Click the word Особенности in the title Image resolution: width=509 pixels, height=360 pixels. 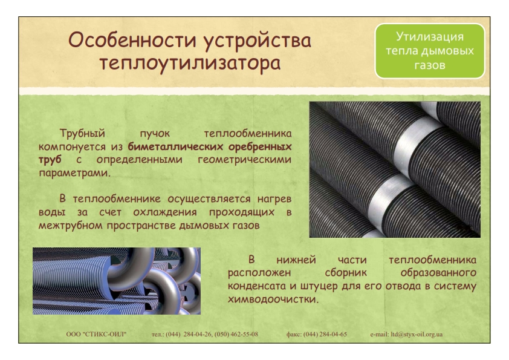pyautogui.click(x=132, y=41)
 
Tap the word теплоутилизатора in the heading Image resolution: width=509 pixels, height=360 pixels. pyautogui.click(x=190, y=63)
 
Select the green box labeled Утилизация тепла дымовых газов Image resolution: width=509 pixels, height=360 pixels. pyautogui.click(x=430, y=51)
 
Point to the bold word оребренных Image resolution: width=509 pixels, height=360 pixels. pyautogui.click(x=260, y=146)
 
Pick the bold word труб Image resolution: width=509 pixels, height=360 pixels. pyautogui.click(x=50, y=160)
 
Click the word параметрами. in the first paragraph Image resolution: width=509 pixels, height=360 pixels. pyautogui.click(x=75, y=173)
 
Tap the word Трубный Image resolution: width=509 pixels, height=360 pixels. pyautogui.click(x=82, y=133)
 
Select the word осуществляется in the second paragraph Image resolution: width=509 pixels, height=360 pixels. pyautogui.click(x=209, y=199)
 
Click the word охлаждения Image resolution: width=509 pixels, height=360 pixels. pyautogui.click(x=165, y=212)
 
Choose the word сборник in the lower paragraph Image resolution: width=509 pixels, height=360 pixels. pyautogui.click(x=346, y=273)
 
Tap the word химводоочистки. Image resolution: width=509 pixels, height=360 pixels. pyautogui.click(x=273, y=299)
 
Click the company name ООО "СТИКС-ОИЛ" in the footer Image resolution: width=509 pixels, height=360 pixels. pyautogui.click(x=96, y=335)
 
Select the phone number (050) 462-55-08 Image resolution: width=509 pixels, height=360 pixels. pyautogui.click(x=236, y=335)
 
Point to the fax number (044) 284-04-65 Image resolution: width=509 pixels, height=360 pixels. pyautogui.click(x=325, y=335)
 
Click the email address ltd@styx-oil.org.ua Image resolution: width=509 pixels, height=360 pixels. pyautogui.click(x=417, y=335)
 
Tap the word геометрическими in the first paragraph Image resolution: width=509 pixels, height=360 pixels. pyautogui.click(x=244, y=160)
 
